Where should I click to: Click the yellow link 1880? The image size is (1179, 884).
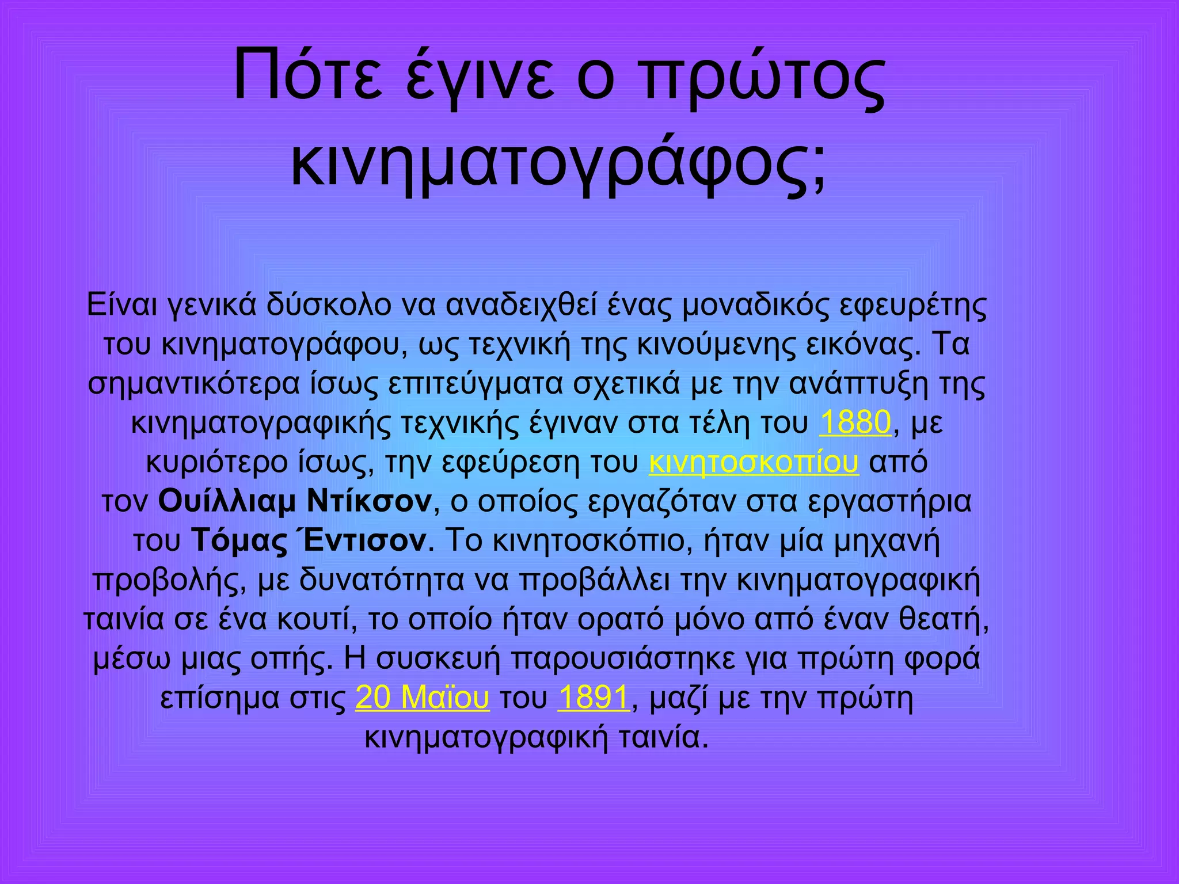tap(855, 423)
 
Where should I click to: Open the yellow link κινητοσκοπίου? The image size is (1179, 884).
tap(754, 462)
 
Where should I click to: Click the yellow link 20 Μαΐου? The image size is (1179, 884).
tap(422, 698)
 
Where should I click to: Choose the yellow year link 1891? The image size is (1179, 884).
tap(593, 698)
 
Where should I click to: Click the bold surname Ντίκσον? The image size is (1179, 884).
tap(369, 501)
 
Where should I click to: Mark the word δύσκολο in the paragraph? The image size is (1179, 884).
tap(328, 306)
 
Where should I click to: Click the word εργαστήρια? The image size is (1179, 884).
tap(889, 501)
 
